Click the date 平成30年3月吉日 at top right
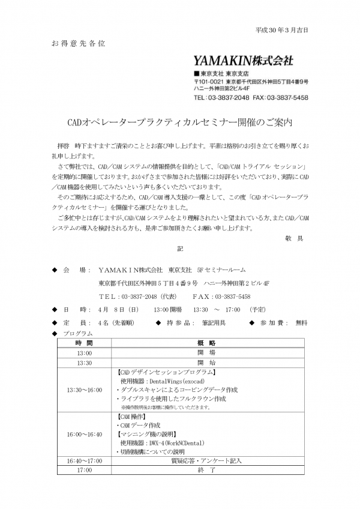[286, 30]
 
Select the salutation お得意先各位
[75, 44]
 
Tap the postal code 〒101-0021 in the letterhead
[208, 81]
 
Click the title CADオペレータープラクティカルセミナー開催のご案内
[179, 122]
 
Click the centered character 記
[179, 247]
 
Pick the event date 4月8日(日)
[118, 309]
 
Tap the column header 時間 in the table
[84, 343]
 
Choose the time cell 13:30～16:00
[84, 390]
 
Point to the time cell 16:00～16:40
[84, 434]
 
